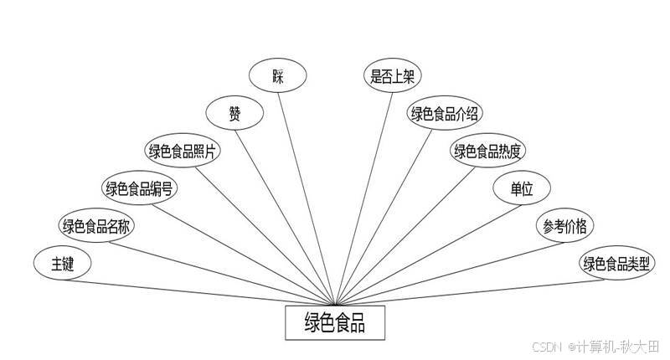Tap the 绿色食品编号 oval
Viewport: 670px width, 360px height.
pos(140,188)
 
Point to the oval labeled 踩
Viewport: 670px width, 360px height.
pos(278,77)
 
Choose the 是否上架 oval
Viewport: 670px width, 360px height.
pos(392,77)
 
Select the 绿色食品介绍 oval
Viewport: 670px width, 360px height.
pos(444,114)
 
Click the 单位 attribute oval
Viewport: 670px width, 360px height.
pos(522,188)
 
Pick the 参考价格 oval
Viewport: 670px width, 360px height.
pos(564,226)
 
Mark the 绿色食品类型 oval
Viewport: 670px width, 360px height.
pos(618,265)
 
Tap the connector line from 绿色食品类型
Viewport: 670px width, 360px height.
pos(469,292)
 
